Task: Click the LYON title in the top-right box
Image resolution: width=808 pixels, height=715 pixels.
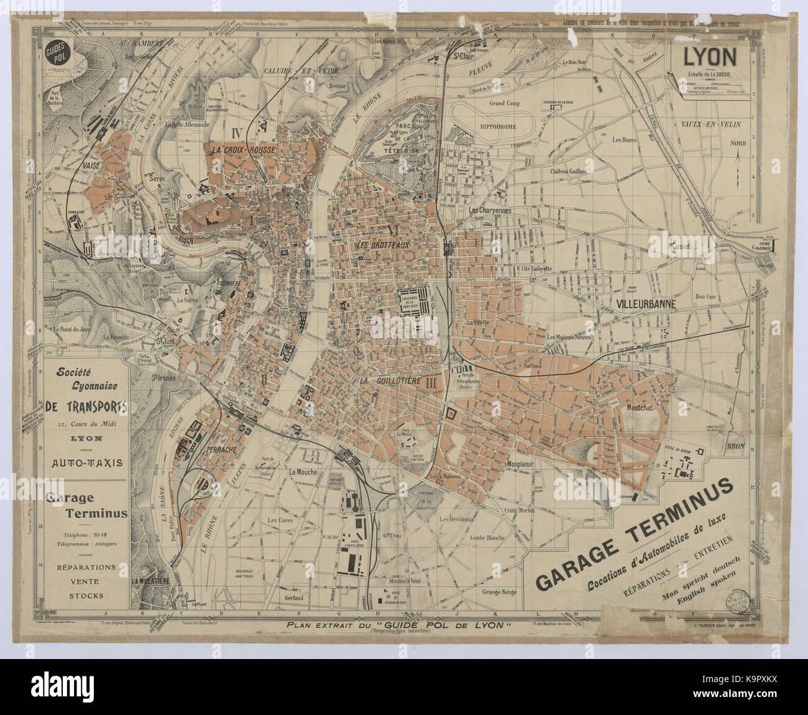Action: [710, 57]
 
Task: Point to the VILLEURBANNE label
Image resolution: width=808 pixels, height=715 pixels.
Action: [646, 305]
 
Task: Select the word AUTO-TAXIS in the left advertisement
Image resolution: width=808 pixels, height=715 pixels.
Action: [86, 463]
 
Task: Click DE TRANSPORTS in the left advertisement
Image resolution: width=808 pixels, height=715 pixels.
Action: [87, 407]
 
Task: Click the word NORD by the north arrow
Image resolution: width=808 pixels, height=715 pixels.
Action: [738, 142]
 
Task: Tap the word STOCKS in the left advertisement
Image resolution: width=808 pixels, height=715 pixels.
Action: [86, 596]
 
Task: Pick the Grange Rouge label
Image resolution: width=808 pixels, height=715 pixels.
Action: [499, 592]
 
